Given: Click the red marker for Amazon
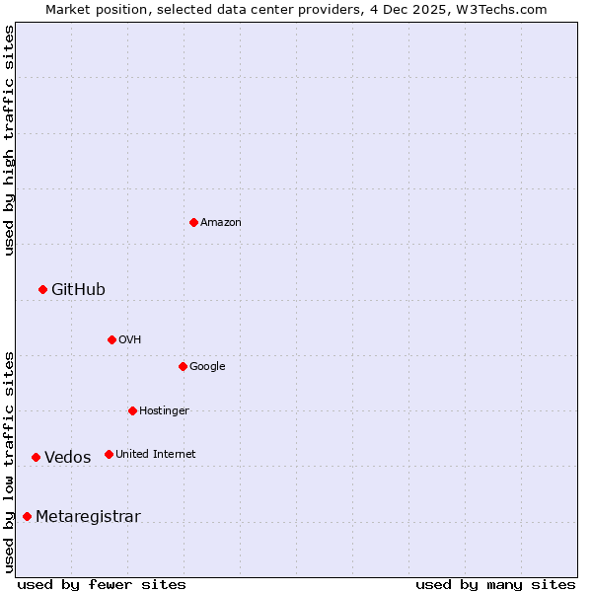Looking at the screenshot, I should [193, 222].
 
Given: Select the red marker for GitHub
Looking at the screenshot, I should [42, 289].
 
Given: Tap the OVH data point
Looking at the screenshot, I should [111, 339].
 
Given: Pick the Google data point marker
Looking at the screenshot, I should [183, 366].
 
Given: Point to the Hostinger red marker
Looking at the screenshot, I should [132, 410].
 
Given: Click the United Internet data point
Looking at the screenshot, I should [109, 454].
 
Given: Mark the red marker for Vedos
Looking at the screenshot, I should [36, 457].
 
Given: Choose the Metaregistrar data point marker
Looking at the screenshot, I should [27, 516].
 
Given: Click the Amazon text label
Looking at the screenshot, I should [221, 222].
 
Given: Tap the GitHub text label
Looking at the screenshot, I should [78, 289].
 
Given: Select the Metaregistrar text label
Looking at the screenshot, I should [88, 516].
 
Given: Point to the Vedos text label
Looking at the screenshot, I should [67, 457].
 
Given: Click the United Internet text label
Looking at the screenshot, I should [155, 454].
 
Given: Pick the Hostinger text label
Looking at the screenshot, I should [164, 410].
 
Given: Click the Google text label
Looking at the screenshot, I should [207, 366].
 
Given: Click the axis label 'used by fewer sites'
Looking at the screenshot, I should [102, 584].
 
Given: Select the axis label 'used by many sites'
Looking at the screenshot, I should [495, 584].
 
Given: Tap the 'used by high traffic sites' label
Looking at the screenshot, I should [9, 140].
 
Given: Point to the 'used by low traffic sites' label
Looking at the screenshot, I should [9, 461].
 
